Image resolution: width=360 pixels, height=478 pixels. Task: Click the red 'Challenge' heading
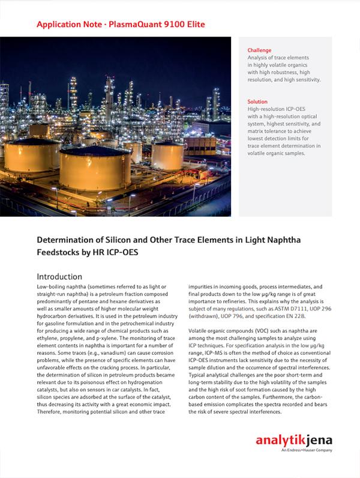259,50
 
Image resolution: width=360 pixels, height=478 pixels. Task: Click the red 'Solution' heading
257,102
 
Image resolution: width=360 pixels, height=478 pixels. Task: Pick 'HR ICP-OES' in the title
112,253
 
